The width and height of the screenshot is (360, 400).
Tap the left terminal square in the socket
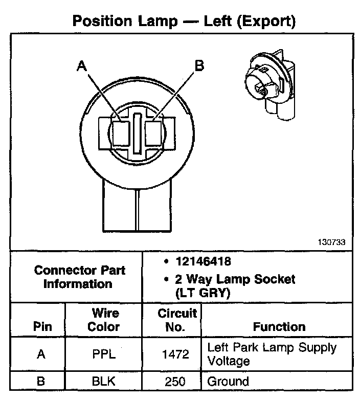tap(122, 134)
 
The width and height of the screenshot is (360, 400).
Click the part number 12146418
tap(202, 262)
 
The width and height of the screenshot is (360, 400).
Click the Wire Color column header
tap(104, 320)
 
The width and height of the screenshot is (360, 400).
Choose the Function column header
tap(279, 326)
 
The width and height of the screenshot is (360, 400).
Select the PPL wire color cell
tap(104, 354)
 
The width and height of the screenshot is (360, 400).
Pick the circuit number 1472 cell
tap(176, 354)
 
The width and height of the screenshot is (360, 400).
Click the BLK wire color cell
tap(104, 381)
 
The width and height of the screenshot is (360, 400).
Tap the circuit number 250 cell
tap(176, 381)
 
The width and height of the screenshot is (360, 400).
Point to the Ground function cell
tap(228, 381)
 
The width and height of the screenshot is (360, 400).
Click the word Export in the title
tap(265, 21)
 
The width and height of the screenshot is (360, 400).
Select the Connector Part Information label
tap(79, 277)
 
